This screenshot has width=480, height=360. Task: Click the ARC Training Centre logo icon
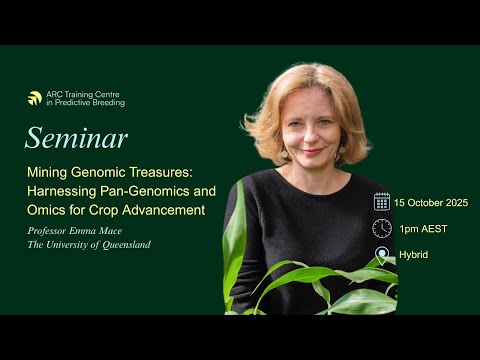click(35, 99)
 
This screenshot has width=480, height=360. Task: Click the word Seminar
click(76, 138)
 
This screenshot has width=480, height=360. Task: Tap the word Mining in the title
click(46, 171)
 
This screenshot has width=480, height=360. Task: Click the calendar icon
click(382, 201)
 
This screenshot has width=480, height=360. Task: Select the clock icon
click(382, 228)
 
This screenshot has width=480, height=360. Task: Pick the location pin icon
click(382, 255)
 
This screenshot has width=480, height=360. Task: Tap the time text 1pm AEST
click(422, 229)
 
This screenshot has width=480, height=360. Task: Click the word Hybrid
click(413, 255)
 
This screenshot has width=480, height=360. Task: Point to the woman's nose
click(312, 133)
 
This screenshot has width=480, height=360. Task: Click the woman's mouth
click(313, 151)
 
